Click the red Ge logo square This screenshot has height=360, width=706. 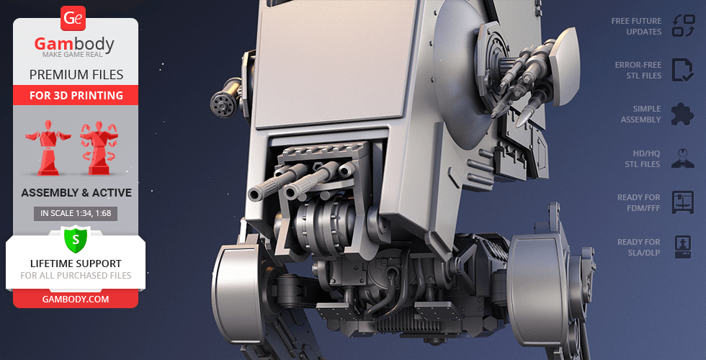pos(73,19)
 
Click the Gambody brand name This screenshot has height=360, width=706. pos(74,44)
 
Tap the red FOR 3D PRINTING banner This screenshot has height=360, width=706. pos(76,95)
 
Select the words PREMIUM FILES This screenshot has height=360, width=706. pos(76,75)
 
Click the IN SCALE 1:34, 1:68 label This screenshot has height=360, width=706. pos(76,214)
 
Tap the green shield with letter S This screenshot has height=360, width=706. pos(76,240)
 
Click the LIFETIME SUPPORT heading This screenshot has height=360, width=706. pos(76,264)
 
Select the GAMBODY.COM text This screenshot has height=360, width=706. pos(76,300)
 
